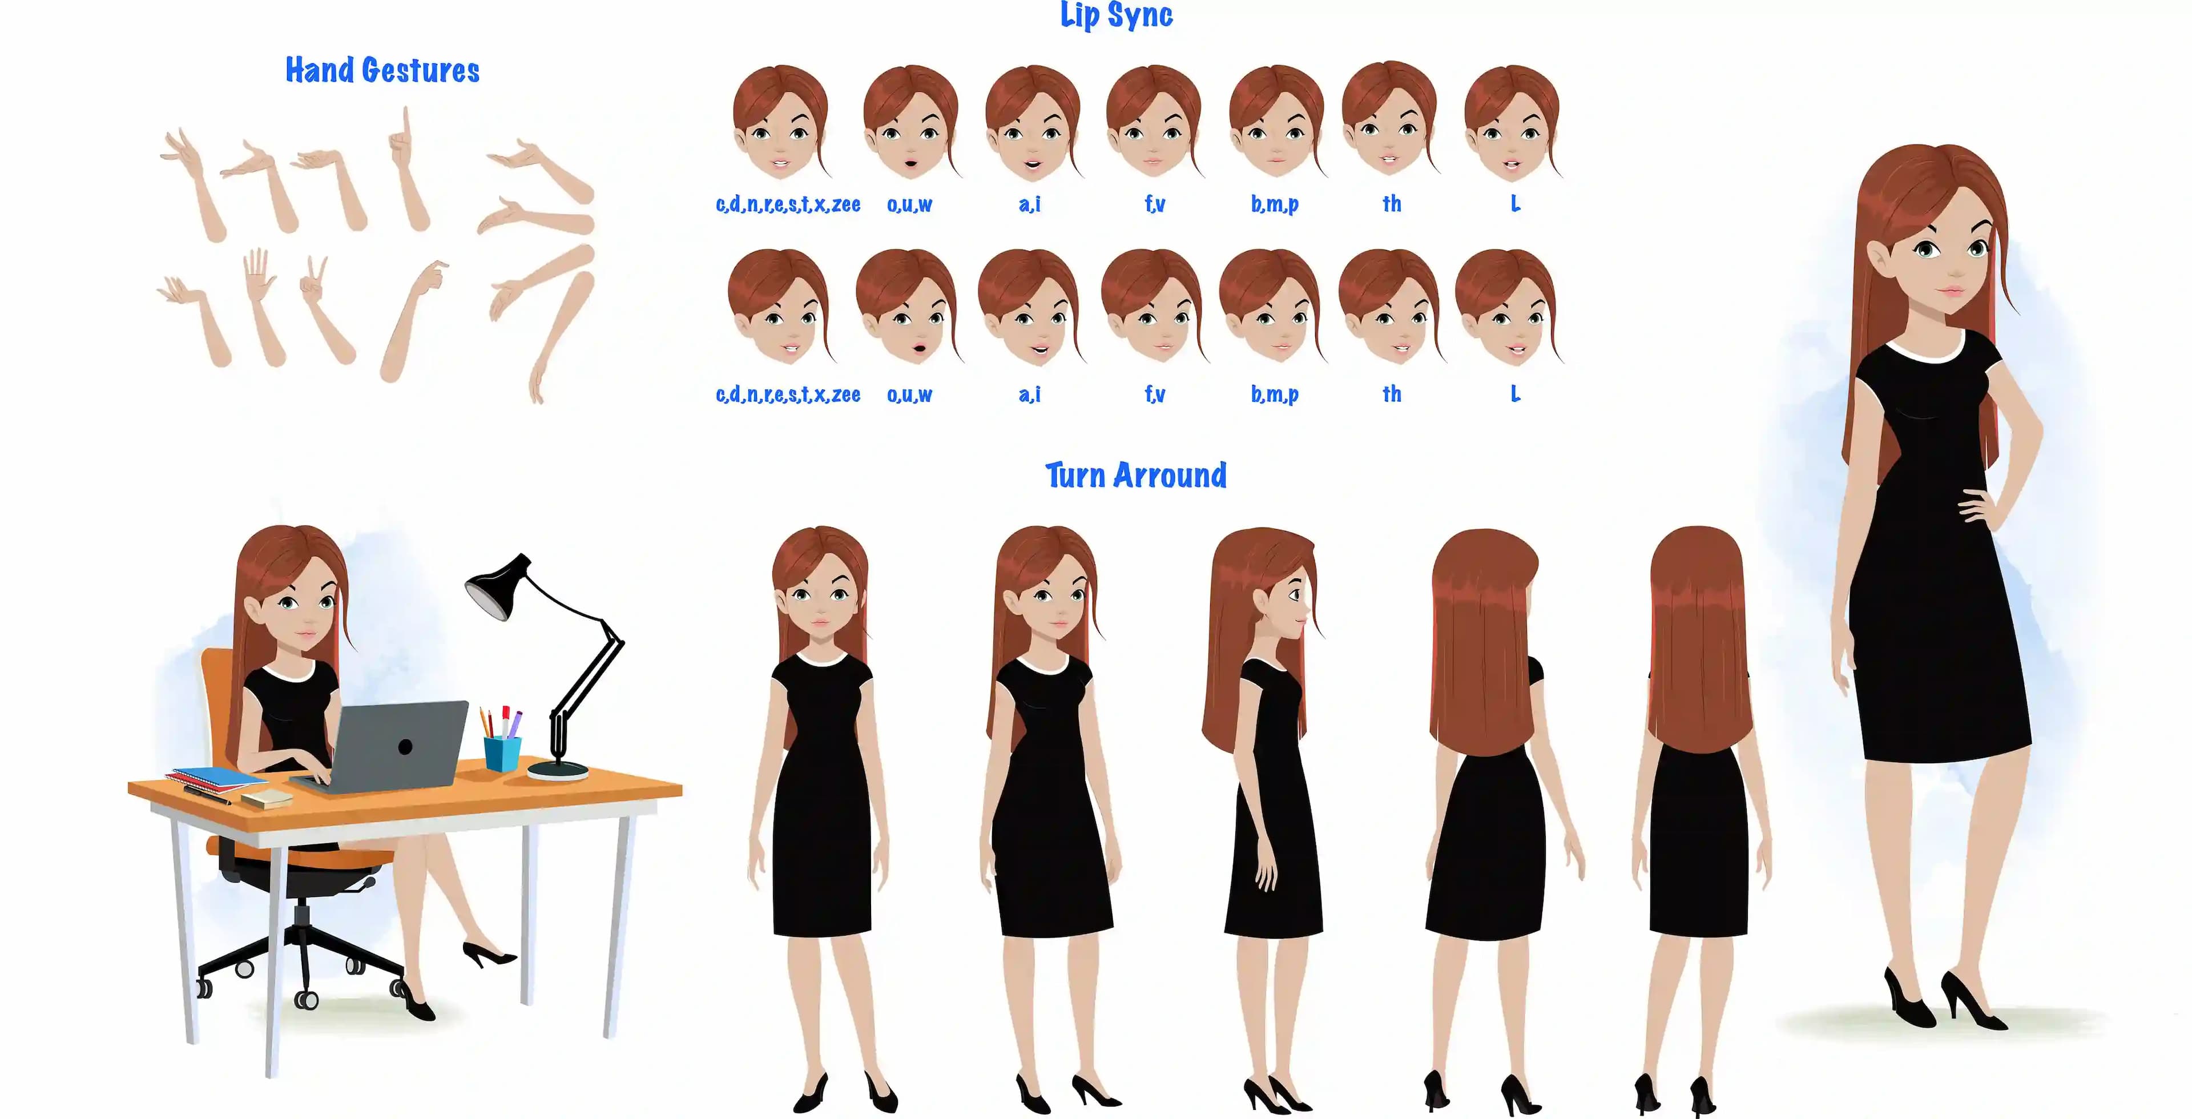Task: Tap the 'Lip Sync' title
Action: click(1117, 15)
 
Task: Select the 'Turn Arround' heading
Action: click(1136, 475)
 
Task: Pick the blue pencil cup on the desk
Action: click(502, 753)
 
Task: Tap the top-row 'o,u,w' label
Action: click(909, 204)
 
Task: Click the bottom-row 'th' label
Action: click(1391, 394)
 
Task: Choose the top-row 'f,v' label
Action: click(1154, 204)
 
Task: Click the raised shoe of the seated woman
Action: click(487, 953)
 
